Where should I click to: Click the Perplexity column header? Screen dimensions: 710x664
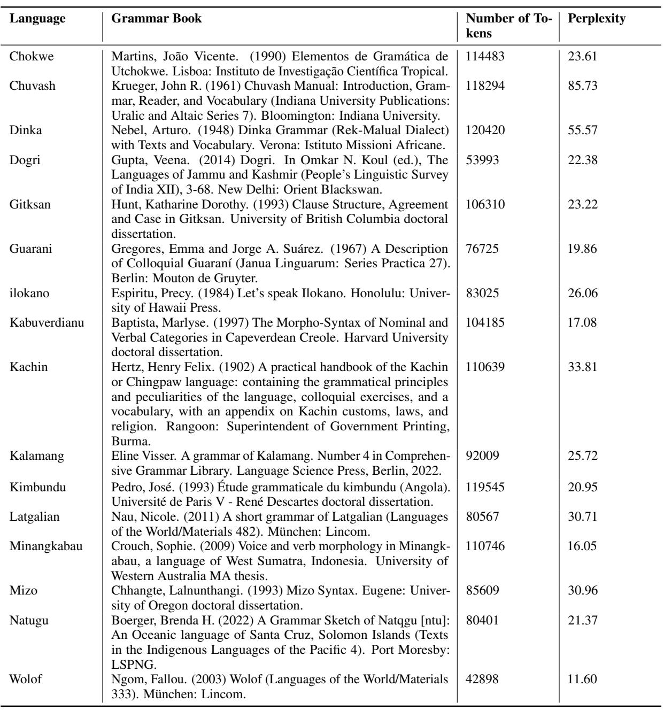597,18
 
